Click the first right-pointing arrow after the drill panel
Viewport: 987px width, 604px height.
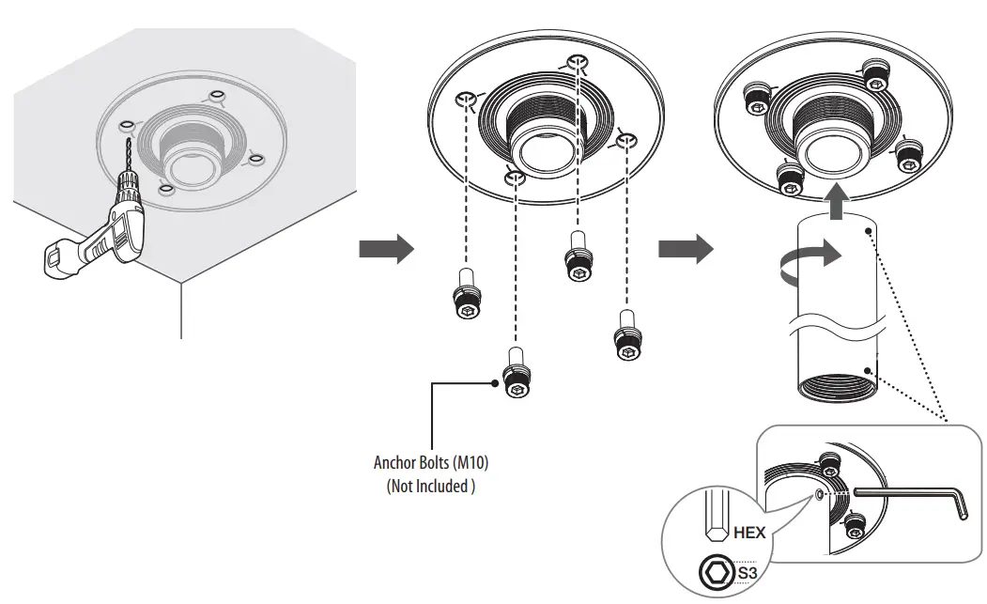pos(386,250)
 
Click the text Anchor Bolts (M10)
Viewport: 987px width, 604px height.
pos(431,463)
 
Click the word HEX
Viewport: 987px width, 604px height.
pos(749,533)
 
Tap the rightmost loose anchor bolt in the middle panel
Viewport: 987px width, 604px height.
pos(627,337)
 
